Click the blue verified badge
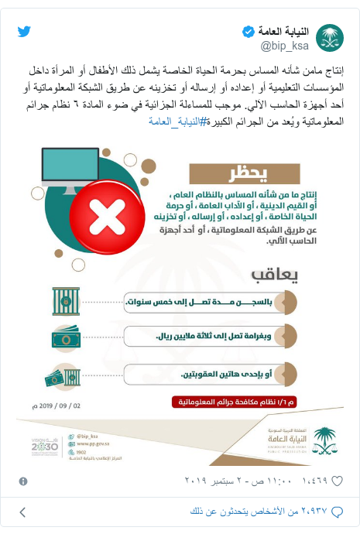tap(247, 32)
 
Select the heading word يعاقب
tap(273, 276)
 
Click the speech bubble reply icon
tap(346, 512)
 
